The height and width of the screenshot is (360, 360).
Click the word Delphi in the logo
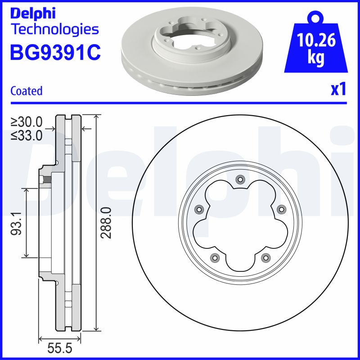pos(33,13)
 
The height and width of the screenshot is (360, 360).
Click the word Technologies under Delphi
pos(55,30)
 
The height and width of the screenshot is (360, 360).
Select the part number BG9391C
pos(55,52)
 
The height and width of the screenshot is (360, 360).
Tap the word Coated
pos(27,91)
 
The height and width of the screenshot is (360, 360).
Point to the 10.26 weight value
pos(316,40)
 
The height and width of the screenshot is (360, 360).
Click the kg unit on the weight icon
pos(316,58)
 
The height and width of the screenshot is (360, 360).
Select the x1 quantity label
pos(338,89)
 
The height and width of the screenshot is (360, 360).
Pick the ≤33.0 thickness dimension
pos(27,135)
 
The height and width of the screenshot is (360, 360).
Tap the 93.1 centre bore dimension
pos(16,223)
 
